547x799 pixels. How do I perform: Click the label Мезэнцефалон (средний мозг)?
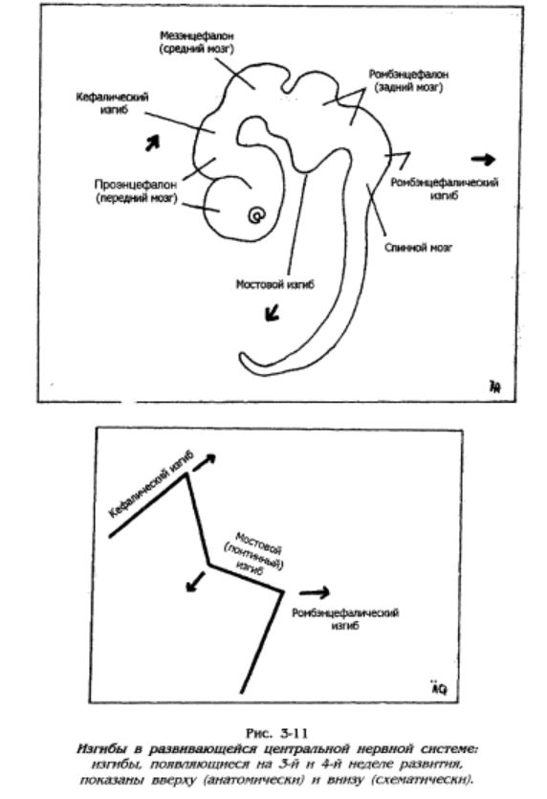[x=197, y=43]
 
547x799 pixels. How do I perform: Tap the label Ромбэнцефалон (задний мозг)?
[x=408, y=81]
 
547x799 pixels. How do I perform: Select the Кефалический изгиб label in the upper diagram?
[x=112, y=103]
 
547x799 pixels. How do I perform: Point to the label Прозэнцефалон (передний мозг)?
[x=137, y=191]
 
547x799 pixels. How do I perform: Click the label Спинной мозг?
[x=418, y=248]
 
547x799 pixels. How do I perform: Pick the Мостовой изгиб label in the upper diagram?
[x=275, y=284]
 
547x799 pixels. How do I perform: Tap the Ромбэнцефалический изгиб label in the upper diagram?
[x=444, y=189]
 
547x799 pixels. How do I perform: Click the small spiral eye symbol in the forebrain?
[x=256, y=215]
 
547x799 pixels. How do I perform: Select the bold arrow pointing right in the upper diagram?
[x=483, y=160]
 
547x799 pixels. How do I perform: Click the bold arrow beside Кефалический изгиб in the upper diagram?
[x=152, y=143]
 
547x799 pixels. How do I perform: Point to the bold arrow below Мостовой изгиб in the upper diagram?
[x=273, y=312]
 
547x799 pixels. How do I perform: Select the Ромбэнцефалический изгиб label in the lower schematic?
[x=345, y=618]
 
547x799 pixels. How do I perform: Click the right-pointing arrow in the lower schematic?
[x=315, y=592]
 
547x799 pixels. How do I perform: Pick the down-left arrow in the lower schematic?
[x=195, y=582]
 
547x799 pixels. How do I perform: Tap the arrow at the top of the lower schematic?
[x=205, y=461]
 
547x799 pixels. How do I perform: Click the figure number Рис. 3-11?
[x=277, y=733]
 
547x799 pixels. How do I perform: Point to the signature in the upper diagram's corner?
[x=495, y=387]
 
